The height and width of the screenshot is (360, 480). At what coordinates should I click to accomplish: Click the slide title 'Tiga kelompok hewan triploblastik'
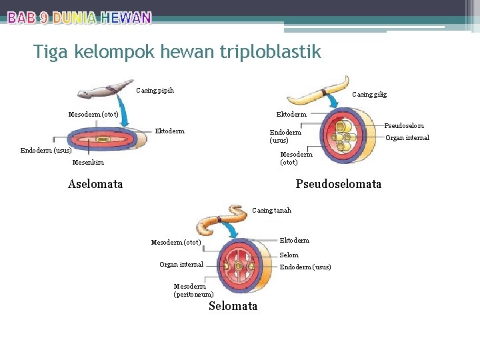[x=177, y=51]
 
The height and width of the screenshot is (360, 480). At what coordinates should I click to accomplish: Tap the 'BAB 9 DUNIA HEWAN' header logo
[x=79, y=18]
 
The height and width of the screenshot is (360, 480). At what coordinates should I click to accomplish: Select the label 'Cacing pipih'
[x=155, y=91]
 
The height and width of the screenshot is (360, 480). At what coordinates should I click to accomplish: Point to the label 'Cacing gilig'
[x=369, y=95]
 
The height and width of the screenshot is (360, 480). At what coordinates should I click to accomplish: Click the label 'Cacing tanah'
[x=271, y=211]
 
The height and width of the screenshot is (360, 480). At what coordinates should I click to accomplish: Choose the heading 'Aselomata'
[x=95, y=183]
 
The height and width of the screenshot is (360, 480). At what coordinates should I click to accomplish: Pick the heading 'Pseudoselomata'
[x=338, y=183]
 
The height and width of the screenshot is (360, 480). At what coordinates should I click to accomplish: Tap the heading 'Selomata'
[x=233, y=306]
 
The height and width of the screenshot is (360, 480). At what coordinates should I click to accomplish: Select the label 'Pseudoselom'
[x=404, y=125]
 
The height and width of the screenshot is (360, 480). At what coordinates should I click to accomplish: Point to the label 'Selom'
[x=289, y=255]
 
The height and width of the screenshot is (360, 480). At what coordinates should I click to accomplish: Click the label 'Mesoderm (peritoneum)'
[x=193, y=290]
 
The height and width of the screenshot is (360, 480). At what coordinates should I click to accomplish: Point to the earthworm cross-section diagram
[x=247, y=265]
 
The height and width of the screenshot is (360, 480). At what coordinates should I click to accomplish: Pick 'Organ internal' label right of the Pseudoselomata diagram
[x=408, y=138]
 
